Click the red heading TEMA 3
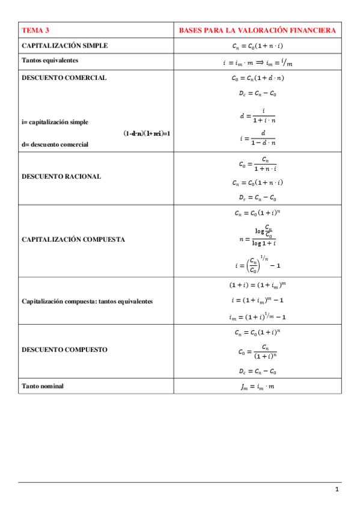35,30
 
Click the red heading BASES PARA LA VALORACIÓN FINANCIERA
257,30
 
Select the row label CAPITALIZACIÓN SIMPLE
64,46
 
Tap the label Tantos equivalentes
50,60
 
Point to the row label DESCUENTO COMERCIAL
64,78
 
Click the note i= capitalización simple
55,122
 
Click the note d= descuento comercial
55,144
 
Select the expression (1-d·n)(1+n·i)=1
147,133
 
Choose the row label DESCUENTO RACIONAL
61,177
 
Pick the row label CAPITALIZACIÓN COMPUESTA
73,239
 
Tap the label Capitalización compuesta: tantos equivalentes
87,301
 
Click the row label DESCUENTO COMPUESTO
64,349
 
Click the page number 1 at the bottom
337,490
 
